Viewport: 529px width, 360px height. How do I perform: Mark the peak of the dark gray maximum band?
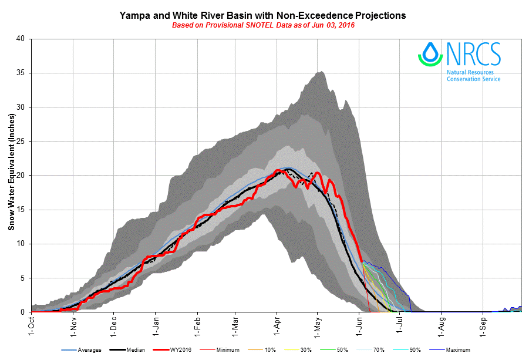321,72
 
